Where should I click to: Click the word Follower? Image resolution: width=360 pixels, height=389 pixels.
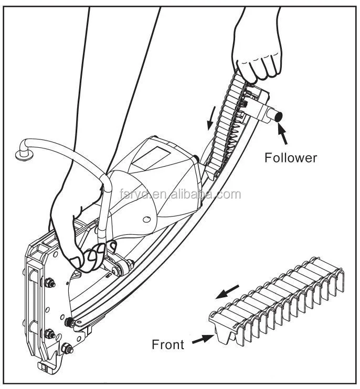tap(291, 157)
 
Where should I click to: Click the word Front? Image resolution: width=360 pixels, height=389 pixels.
tap(168, 344)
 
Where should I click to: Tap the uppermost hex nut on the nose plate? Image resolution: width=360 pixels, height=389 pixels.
tap(50, 283)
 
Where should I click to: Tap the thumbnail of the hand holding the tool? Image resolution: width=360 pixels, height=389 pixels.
tap(77, 260)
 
